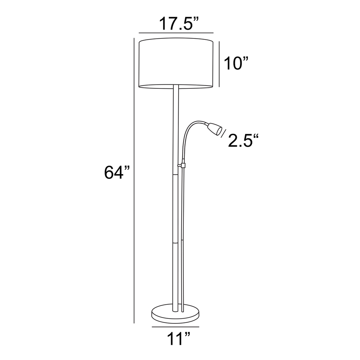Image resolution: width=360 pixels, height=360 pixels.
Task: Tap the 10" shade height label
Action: click(x=236, y=63)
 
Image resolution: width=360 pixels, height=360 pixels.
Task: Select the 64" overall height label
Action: click(x=117, y=172)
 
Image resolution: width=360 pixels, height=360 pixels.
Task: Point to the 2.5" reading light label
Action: click(x=243, y=141)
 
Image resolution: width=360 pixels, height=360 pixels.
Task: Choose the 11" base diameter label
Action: click(x=178, y=339)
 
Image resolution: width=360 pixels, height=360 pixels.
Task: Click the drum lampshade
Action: click(x=176, y=63)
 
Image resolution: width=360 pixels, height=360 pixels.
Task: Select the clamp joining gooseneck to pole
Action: click(x=181, y=166)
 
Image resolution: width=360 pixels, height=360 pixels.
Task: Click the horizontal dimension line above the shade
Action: click(x=176, y=33)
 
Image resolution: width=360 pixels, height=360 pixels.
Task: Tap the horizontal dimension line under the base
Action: click(x=176, y=327)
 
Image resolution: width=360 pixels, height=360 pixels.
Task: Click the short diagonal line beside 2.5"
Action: click(x=224, y=133)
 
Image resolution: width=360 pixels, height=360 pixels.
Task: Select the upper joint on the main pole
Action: click(x=176, y=175)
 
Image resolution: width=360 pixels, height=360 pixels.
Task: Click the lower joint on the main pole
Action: click(x=176, y=242)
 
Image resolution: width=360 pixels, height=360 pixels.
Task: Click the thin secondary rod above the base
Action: click(x=182, y=274)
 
